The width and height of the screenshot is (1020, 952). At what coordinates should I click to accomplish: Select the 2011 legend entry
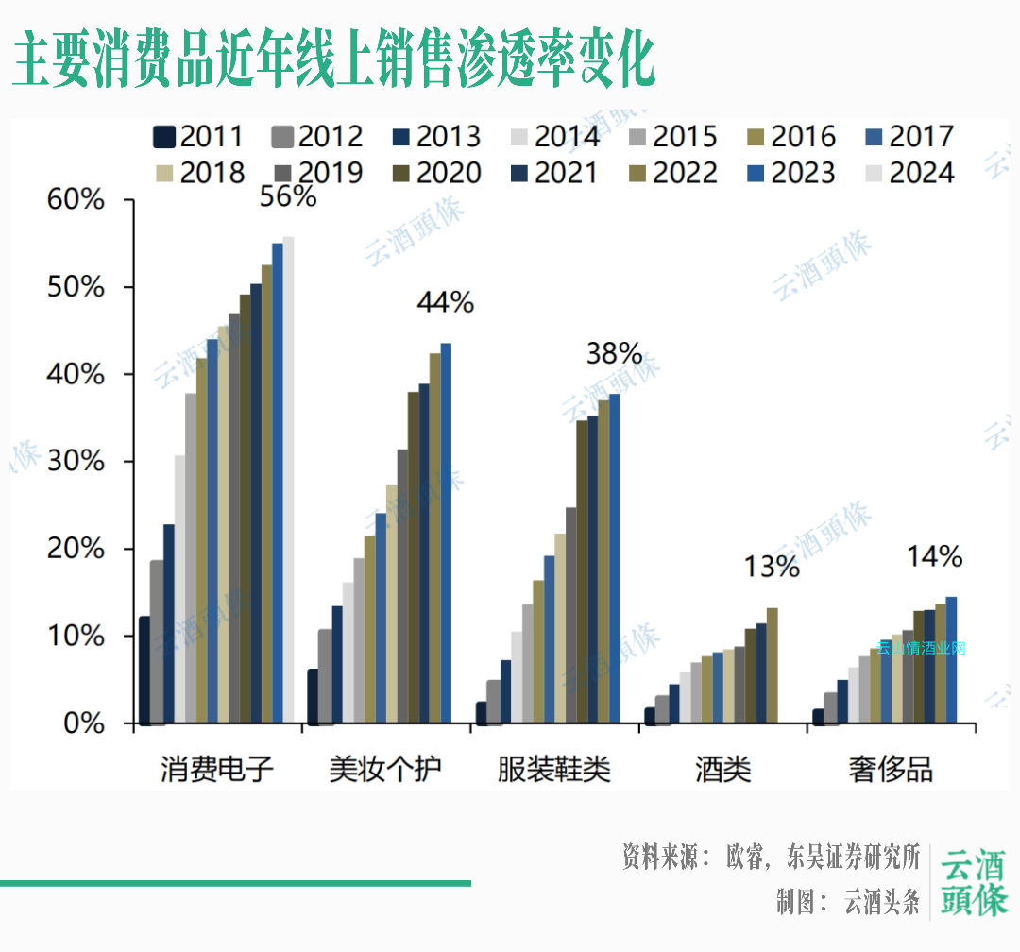(x=198, y=137)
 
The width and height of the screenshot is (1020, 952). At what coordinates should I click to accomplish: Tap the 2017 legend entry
(x=908, y=137)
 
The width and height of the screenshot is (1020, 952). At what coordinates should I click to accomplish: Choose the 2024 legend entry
(x=908, y=174)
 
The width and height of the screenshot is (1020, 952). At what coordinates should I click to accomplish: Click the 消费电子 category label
(x=217, y=770)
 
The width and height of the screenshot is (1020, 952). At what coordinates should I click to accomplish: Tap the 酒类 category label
(x=723, y=770)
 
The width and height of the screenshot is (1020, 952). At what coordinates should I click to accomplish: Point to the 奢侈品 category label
(x=892, y=770)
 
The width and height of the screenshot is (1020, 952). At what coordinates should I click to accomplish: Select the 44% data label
(x=445, y=302)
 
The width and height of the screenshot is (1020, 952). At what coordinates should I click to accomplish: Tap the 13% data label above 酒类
(x=771, y=567)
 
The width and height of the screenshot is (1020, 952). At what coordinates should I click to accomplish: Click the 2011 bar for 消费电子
(x=144, y=670)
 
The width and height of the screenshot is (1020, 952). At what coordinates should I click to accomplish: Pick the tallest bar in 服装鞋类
(x=614, y=558)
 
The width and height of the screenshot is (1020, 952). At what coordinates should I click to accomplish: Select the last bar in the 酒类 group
(x=772, y=665)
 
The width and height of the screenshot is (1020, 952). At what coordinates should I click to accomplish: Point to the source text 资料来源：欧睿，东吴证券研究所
(x=771, y=857)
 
